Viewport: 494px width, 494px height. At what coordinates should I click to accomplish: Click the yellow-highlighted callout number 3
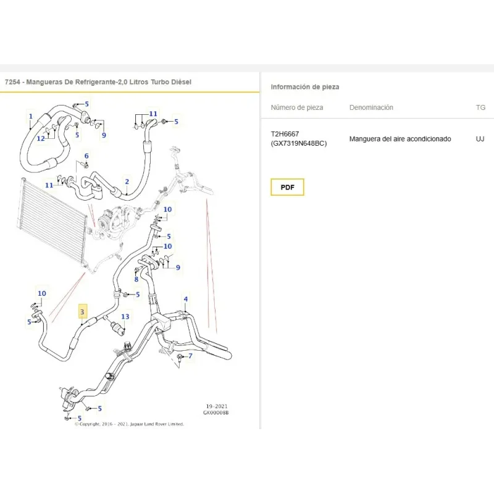click(82, 312)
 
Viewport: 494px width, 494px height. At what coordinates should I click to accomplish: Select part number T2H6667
click(285, 134)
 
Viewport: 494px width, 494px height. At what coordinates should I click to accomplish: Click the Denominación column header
click(371, 107)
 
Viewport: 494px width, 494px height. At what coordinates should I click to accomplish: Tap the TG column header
click(480, 107)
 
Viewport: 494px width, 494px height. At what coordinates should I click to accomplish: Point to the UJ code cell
click(480, 138)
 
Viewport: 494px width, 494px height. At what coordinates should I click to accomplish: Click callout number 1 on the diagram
click(30, 116)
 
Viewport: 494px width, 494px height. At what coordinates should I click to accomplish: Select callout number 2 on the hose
click(127, 182)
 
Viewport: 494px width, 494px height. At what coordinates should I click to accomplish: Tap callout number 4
click(186, 299)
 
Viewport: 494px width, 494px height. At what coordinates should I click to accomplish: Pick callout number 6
click(86, 156)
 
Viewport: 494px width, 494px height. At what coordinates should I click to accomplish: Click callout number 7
click(190, 356)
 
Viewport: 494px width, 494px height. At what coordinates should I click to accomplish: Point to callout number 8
click(136, 279)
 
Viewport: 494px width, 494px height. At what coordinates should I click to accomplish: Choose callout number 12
click(41, 138)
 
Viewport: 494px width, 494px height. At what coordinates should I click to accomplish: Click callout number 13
click(125, 316)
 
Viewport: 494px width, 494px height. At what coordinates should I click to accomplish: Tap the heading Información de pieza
click(305, 87)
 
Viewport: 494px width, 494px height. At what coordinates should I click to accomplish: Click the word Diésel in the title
click(181, 82)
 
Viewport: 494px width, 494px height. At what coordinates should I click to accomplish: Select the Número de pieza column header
click(297, 107)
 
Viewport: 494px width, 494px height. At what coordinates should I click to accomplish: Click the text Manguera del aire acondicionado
click(400, 139)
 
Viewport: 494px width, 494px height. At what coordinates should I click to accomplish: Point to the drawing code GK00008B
click(216, 412)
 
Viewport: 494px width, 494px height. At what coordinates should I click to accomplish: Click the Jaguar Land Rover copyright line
click(129, 424)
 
